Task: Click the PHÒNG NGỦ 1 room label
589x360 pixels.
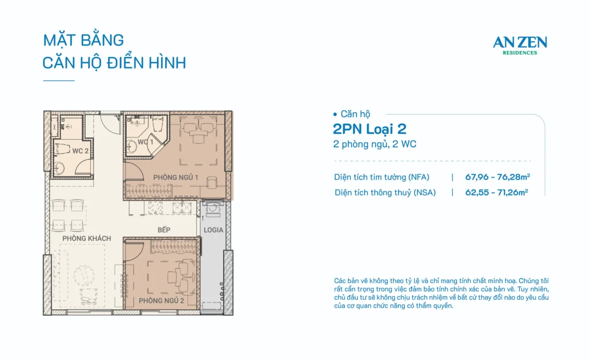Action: tap(175, 177)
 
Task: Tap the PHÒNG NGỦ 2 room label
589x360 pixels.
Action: tap(161, 301)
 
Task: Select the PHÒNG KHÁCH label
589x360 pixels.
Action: tap(87, 239)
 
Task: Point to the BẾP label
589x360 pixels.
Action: tap(164, 229)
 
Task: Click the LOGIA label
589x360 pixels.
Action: tap(213, 229)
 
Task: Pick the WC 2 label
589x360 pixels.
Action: tap(81, 151)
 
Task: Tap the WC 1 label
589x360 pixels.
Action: tap(146, 142)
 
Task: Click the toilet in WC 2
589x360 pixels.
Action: tap(63, 149)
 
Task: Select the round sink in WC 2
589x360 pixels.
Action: tap(59, 168)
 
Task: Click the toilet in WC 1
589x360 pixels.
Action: tap(158, 123)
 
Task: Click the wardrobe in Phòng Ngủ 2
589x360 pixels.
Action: tap(174, 246)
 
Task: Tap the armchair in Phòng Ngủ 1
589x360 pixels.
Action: tap(212, 183)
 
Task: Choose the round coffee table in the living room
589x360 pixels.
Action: tap(84, 276)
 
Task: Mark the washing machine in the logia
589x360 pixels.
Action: tap(213, 209)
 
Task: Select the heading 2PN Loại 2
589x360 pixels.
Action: tap(370, 129)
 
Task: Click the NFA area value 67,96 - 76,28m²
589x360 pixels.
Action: tap(498, 177)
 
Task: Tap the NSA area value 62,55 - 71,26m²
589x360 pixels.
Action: tap(496, 192)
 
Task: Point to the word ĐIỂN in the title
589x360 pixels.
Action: tap(125, 62)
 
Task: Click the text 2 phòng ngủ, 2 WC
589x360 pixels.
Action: tap(374, 144)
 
